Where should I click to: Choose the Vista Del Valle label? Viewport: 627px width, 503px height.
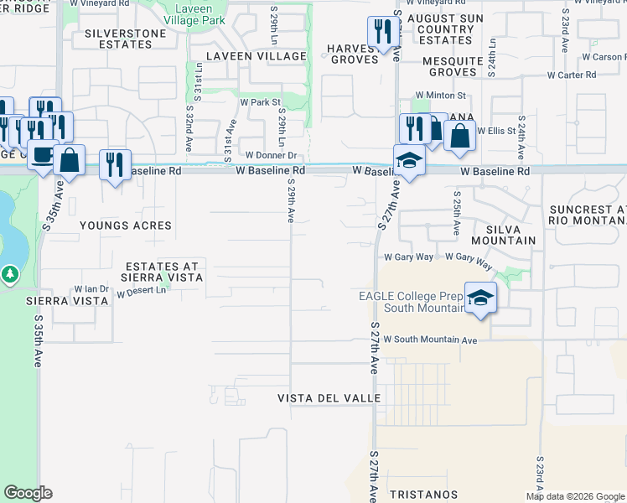329,398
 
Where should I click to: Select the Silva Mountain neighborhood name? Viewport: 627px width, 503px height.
503,235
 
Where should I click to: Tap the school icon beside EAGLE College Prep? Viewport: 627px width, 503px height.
481,298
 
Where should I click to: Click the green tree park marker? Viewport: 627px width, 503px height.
9,274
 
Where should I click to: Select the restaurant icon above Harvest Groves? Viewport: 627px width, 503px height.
383,33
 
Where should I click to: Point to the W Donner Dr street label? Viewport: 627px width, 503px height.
272,155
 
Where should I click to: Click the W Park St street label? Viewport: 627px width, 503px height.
259,102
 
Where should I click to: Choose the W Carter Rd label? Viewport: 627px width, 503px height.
572,75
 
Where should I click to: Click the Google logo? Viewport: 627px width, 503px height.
27,493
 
